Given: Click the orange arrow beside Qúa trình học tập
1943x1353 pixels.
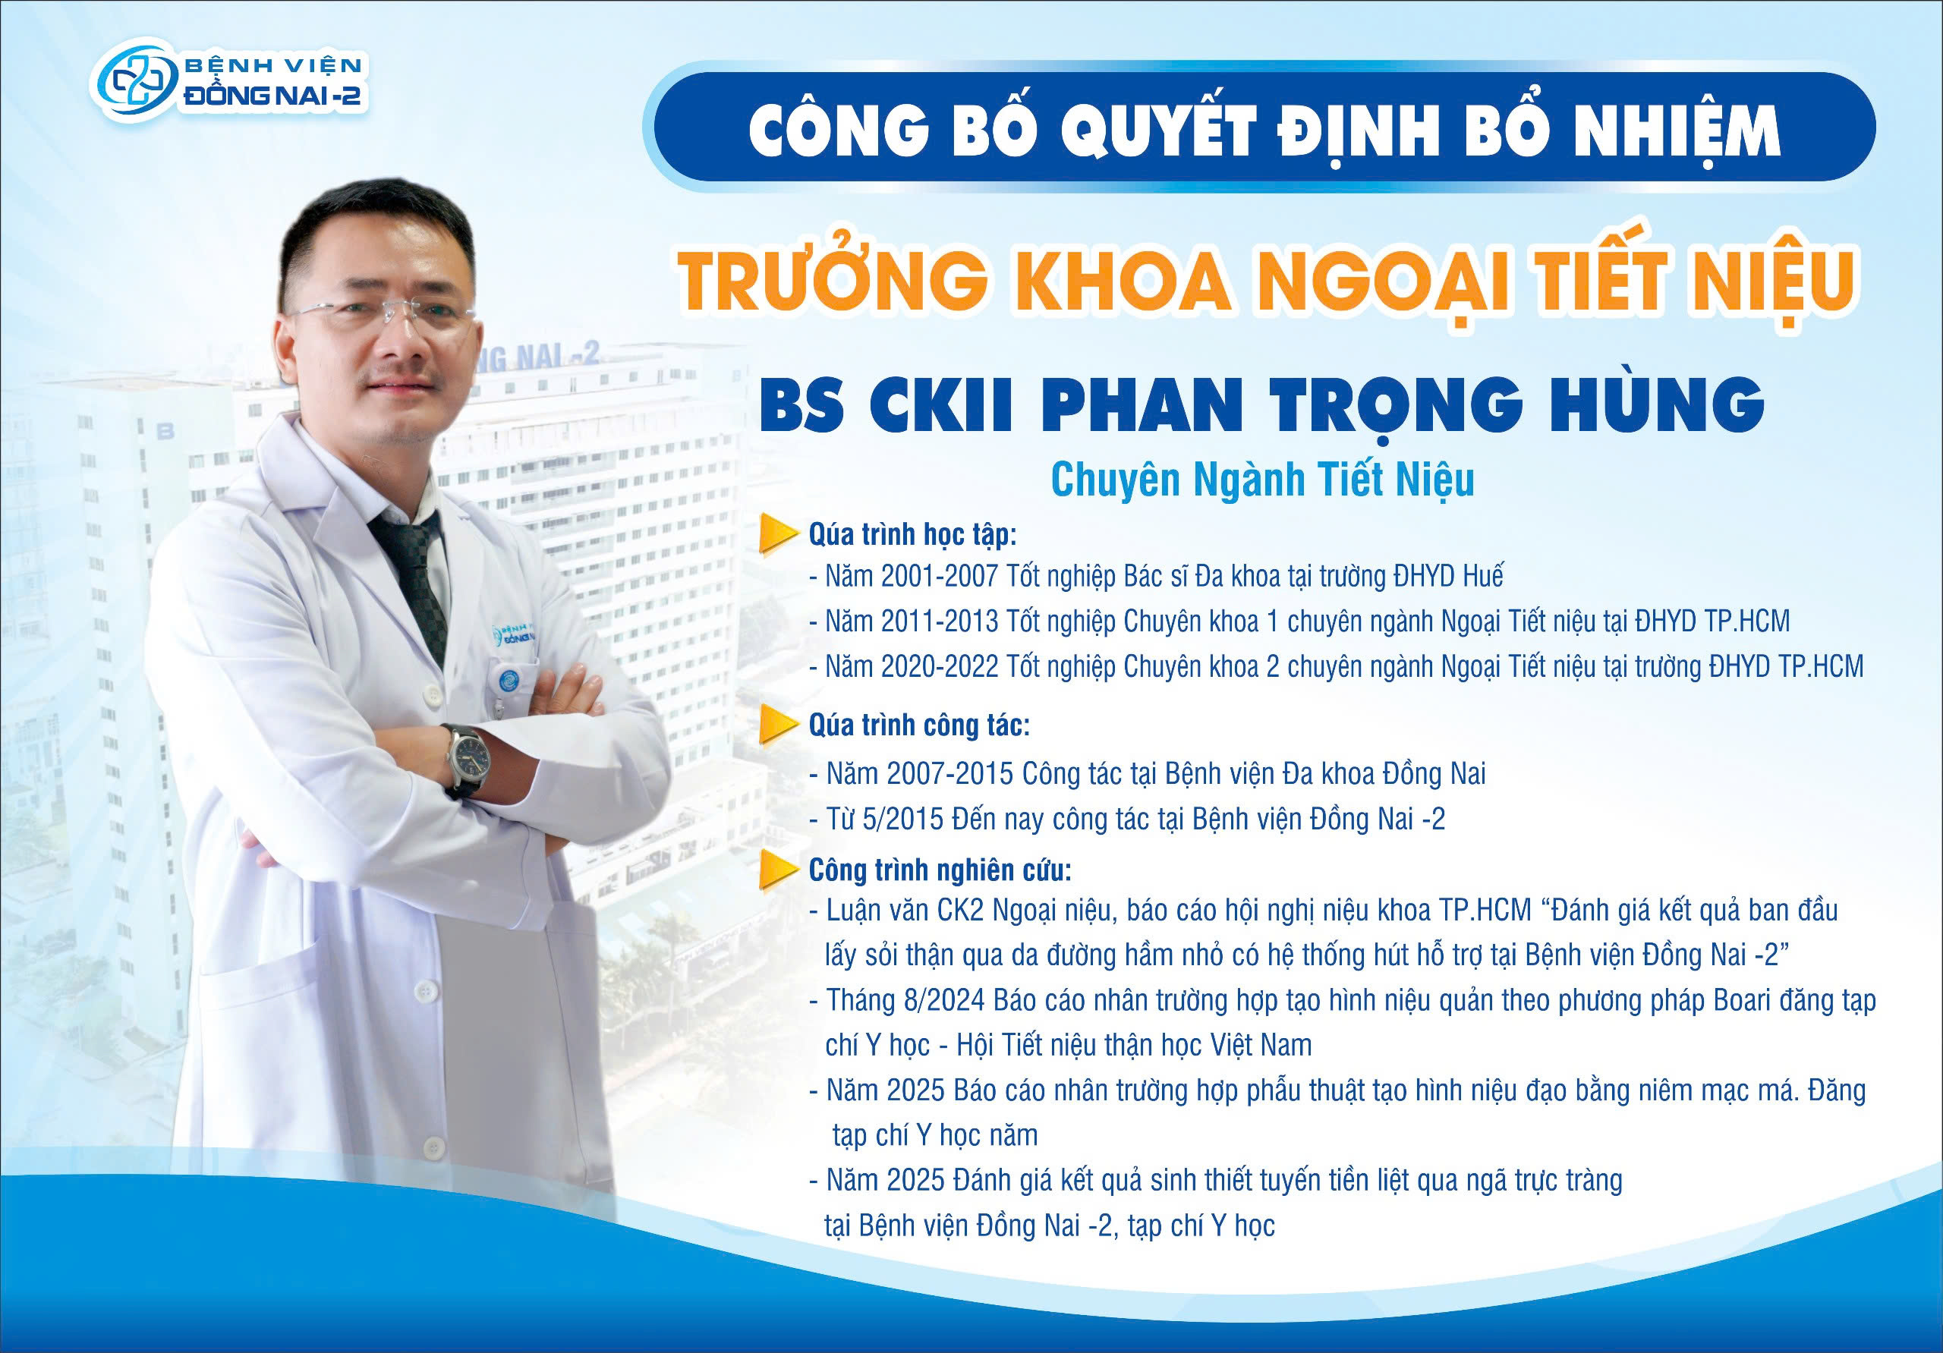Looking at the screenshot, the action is tap(779, 534).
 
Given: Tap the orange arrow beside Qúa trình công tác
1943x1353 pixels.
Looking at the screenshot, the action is tap(779, 725).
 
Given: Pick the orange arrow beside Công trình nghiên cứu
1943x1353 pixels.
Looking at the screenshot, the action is tap(779, 870).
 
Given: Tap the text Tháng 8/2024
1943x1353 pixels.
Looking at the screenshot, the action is tap(906, 1001).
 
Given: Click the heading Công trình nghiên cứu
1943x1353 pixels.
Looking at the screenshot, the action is tap(940, 870).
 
